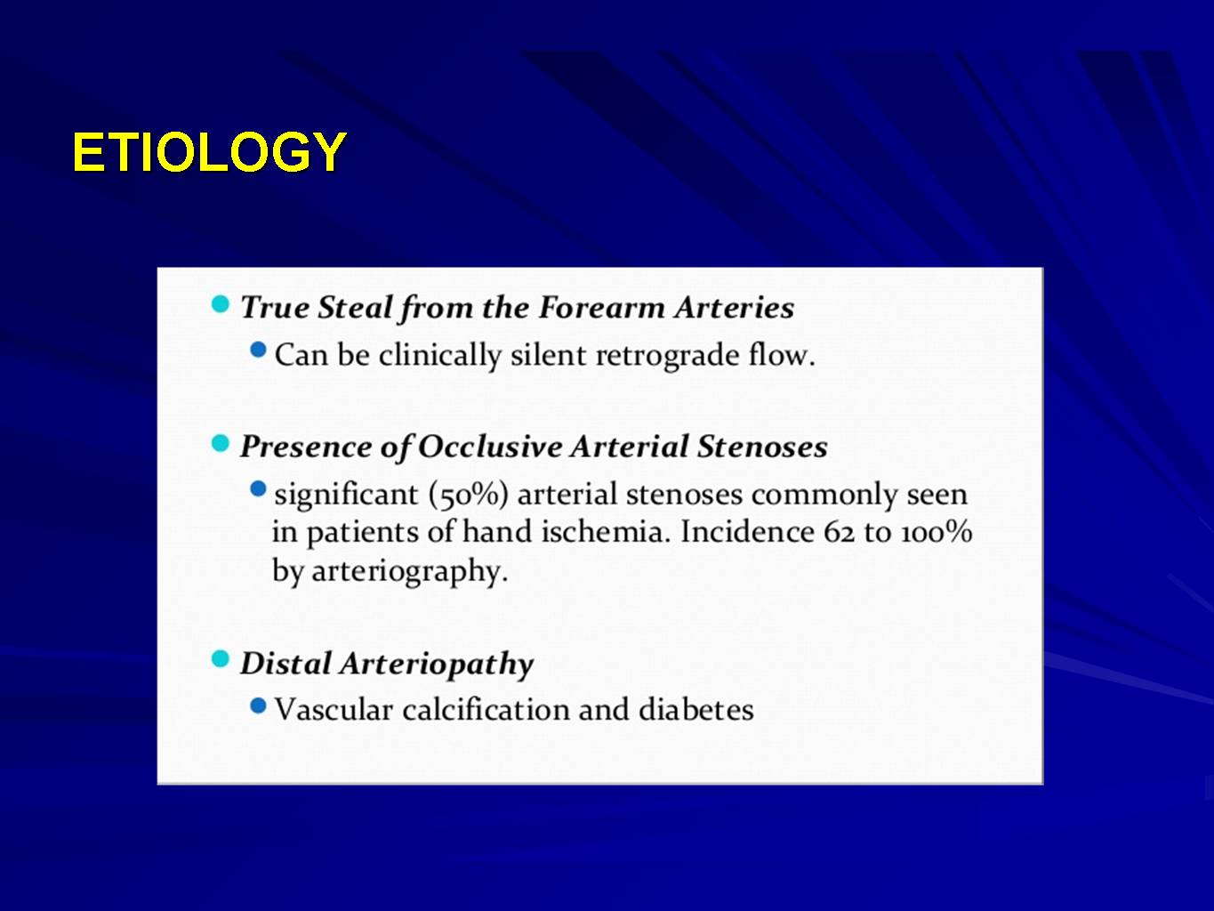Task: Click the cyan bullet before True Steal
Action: coord(221,303)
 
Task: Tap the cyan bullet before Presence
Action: coord(221,443)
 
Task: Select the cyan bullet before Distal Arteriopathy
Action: coord(221,658)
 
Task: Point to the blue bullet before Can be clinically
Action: coord(258,349)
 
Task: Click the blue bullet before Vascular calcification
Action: coord(258,705)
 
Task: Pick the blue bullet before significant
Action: coord(258,488)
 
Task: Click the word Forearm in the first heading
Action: coord(602,308)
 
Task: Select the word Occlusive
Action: coord(490,447)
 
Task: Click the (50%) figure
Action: coord(469,495)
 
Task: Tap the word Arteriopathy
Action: coord(437,664)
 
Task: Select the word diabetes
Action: coord(696,710)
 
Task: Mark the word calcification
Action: coord(486,710)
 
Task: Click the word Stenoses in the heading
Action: coord(762,447)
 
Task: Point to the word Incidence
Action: coord(747,531)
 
